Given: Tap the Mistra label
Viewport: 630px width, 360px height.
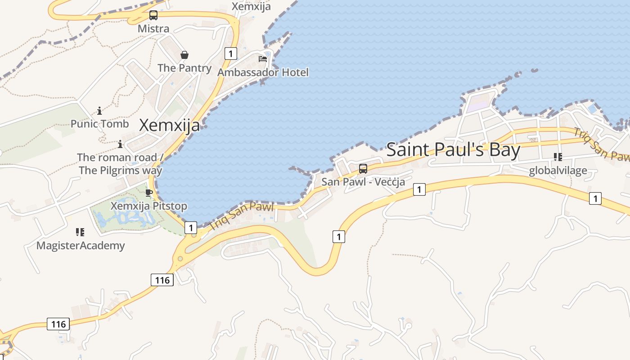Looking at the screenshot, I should [x=153, y=29].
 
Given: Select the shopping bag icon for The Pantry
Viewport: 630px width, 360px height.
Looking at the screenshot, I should [x=184, y=55].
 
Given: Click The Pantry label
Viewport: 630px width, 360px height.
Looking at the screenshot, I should [x=184, y=68].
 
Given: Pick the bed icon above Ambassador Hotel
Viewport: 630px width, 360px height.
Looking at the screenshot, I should [x=263, y=58].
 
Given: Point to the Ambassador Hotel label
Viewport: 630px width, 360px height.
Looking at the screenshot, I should [x=263, y=72].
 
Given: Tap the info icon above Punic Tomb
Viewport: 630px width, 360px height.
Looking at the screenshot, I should [x=99, y=111].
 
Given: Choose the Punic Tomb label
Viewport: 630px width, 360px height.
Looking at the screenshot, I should [x=99, y=124].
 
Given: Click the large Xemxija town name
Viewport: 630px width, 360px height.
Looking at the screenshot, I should [x=169, y=125].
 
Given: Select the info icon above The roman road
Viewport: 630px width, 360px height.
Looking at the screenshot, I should [x=120, y=144].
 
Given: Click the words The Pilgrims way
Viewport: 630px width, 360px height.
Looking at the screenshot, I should [x=120, y=170].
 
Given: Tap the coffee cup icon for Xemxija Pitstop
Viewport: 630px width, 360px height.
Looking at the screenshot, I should [x=149, y=193].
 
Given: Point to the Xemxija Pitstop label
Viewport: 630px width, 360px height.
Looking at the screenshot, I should [x=149, y=206].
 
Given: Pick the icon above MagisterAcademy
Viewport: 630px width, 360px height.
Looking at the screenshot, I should [x=80, y=232].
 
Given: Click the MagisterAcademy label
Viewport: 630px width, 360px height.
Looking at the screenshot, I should [x=81, y=246].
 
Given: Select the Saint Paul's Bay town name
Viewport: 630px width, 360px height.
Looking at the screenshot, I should [x=453, y=150].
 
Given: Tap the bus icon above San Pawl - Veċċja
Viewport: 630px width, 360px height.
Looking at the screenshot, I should [x=363, y=169].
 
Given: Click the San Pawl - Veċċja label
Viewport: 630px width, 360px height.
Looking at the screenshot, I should [x=363, y=182].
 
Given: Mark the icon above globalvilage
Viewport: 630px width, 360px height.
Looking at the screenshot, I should [x=558, y=157].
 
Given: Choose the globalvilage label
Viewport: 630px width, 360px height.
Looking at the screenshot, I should [x=558, y=171].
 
